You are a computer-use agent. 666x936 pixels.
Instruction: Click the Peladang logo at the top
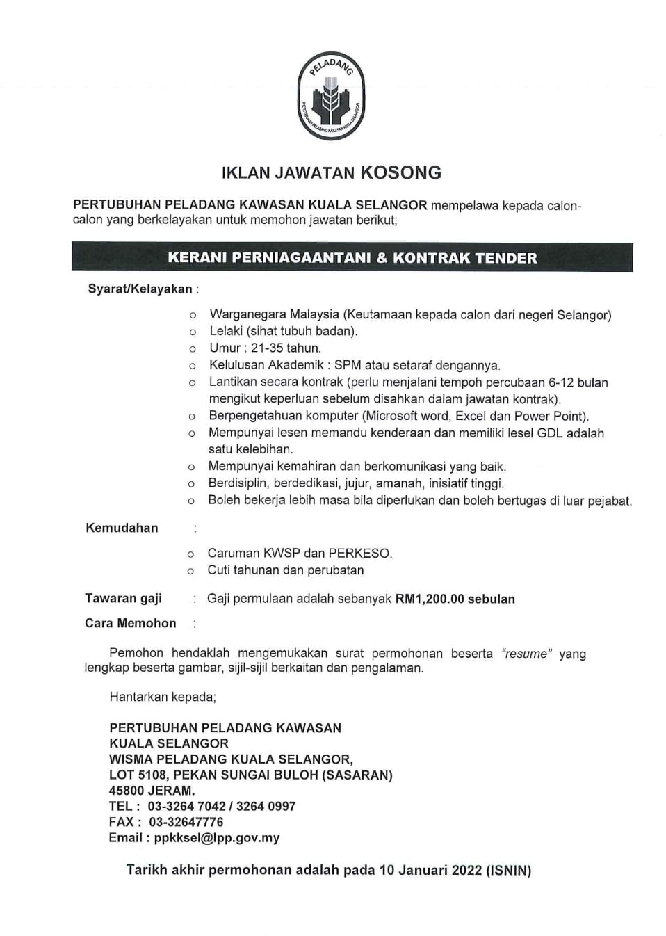point(331,96)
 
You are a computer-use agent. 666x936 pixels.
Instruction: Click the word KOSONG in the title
point(400,172)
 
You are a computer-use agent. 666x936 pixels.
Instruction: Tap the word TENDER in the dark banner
point(505,258)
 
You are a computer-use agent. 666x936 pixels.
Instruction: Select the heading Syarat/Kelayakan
point(140,289)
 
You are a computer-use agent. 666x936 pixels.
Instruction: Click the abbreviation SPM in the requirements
point(348,365)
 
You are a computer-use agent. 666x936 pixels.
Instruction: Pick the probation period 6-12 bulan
point(567,382)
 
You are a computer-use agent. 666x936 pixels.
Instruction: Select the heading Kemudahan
point(122,528)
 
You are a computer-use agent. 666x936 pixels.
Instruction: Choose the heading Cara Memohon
point(131,623)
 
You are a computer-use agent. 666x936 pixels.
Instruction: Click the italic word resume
point(526,654)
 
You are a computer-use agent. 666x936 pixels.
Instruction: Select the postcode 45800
point(127,791)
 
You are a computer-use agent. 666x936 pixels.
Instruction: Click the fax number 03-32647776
point(186,822)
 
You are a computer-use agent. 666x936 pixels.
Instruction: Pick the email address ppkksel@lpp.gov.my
point(217,838)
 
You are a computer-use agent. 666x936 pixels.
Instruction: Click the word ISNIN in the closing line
point(509,870)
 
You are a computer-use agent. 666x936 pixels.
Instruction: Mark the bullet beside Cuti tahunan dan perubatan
point(190,571)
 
